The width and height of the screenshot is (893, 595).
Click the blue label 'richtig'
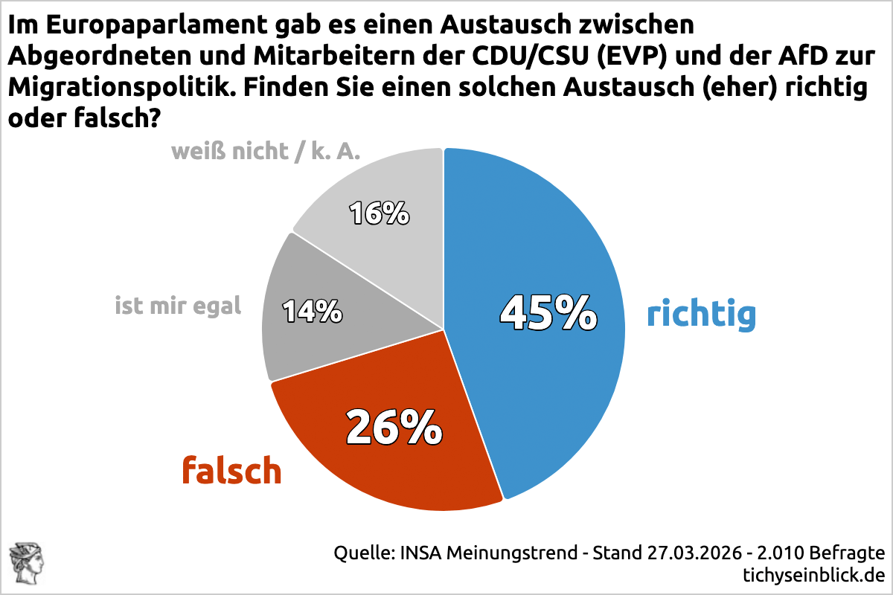701,314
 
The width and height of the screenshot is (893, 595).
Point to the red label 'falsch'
232,470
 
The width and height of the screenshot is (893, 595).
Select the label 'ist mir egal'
178,305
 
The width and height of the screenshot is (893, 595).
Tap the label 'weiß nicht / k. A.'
266,152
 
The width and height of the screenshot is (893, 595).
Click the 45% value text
548,312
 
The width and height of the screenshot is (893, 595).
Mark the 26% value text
394,427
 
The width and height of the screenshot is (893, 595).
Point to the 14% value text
313,310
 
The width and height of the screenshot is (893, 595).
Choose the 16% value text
380,213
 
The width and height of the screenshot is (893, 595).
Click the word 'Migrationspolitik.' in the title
121,87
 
